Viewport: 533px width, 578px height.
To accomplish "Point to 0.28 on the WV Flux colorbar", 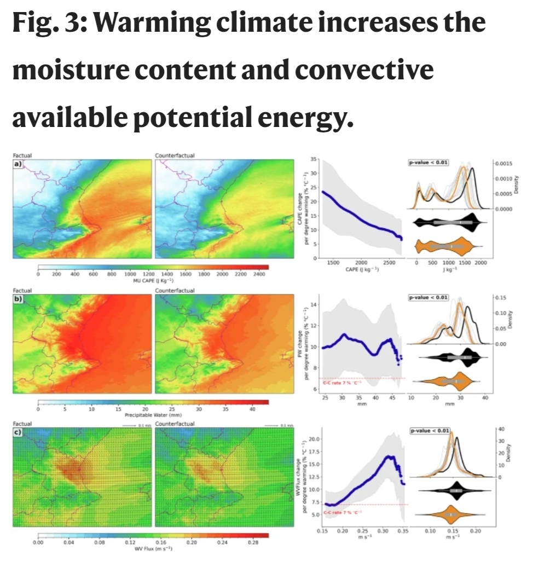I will tap(252, 542).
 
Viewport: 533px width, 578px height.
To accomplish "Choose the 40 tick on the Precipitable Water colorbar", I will tap(252, 408).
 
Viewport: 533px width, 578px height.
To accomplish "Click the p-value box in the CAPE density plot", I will tap(429, 162).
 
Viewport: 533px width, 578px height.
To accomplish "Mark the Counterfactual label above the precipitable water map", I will tap(175, 290).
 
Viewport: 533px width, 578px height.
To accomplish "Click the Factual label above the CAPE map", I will tap(22, 156).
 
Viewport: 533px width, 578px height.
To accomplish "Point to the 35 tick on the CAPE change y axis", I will tap(314, 159).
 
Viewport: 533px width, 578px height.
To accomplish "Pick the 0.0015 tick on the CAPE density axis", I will tap(505, 164).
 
